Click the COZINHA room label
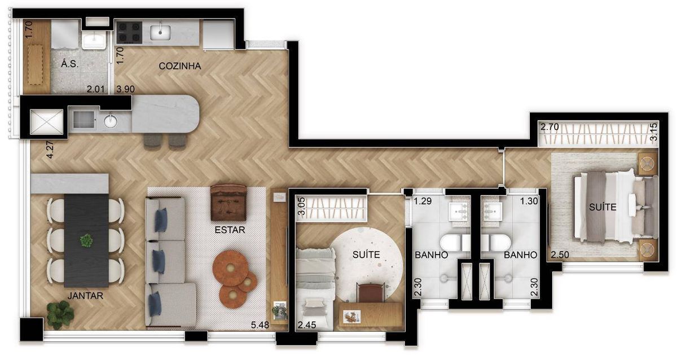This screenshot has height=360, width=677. click(x=180, y=66)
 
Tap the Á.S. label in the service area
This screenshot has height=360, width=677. click(x=69, y=64)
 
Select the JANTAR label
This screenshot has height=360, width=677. click(x=85, y=295)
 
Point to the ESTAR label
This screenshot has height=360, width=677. click(x=230, y=230)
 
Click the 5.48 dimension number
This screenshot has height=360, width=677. click(x=260, y=325)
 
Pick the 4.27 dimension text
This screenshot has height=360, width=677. click(x=50, y=150)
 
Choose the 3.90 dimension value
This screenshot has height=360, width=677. click(x=126, y=89)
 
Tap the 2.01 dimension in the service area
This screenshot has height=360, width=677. click(x=95, y=89)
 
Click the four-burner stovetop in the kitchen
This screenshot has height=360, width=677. click(x=129, y=32)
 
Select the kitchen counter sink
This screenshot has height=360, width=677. click(x=160, y=32)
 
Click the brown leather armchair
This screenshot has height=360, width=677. click(x=228, y=203)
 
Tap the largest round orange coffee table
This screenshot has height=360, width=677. click(x=230, y=268)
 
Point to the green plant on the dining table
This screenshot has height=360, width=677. click(x=86, y=240)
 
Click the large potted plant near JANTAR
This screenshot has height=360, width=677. click(x=60, y=315)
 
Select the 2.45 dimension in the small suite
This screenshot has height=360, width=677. click(x=307, y=325)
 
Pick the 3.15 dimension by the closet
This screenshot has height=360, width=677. click(x=653, y=132)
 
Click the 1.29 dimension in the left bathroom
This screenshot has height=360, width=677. click(x=423, y=201)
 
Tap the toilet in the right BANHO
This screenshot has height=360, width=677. click(x=496, y=243)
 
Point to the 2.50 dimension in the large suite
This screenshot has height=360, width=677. click(x=560, y=254)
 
